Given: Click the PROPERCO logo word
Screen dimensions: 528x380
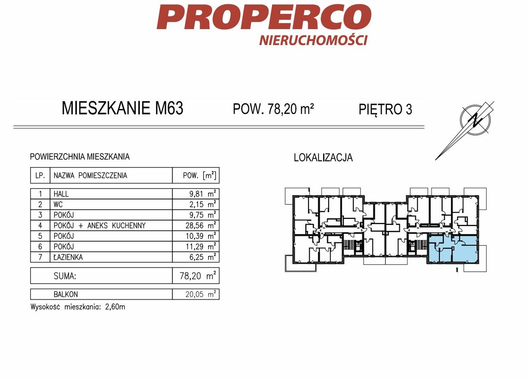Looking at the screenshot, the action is [x=264, y=16].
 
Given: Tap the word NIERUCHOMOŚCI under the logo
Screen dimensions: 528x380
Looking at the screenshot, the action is [x=313, y=40].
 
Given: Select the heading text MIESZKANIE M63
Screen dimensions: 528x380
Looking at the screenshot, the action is [x=123, y=108].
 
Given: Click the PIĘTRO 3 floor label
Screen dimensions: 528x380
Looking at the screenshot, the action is [x=385, y=109].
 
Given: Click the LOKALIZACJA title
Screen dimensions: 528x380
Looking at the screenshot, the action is [x=323, y=158].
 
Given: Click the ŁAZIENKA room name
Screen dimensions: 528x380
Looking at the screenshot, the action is [x=68, y=257].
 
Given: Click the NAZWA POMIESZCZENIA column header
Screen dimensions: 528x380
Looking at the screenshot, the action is [x=90, y=176].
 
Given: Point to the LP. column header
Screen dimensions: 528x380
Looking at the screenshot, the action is [x=40, y=176].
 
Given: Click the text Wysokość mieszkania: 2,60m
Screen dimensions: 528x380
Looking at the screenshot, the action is [x=78, y=307].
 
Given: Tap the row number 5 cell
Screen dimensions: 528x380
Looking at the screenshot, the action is [x=40, y=236].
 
